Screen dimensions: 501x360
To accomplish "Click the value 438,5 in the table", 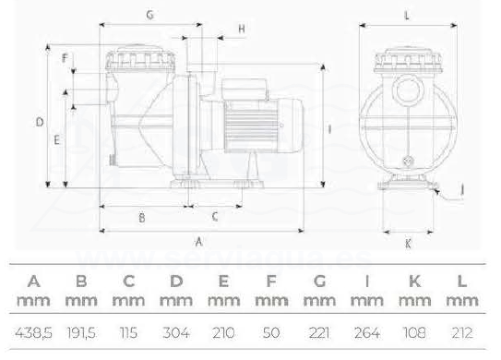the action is coord(33,333).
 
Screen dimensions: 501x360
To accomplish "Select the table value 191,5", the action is coord(81,333).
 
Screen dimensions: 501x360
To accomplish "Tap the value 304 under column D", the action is coord(176,333).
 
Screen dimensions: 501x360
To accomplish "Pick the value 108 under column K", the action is coord(414,333).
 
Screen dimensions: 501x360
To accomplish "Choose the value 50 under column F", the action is coord(271,333).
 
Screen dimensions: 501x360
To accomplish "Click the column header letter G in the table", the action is coord(319,282).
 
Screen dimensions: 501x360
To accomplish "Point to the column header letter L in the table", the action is coord(462,282).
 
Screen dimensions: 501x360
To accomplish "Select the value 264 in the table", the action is coord(367,333).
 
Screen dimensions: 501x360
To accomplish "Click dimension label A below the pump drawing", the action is coord(198,242).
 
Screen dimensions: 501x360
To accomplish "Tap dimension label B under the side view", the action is coord(142,218).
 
